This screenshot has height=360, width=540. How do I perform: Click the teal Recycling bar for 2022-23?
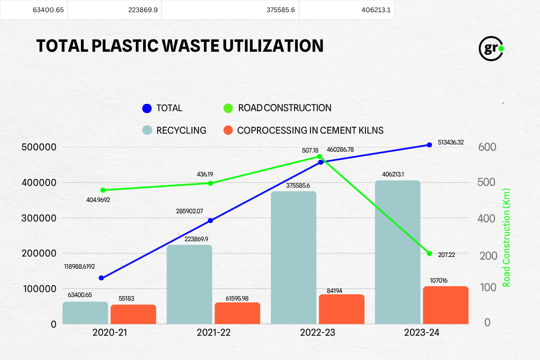click(x=293, y=257)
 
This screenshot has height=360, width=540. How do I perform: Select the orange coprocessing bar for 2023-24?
click(x=445, y=305)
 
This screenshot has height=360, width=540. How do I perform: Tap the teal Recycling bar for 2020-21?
click(x=85, y=313)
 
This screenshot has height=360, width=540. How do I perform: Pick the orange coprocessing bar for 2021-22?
click(x=237, y=313)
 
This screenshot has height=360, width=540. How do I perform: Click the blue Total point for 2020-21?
click(x=101, y=278)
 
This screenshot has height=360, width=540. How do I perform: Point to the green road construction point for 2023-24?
click(x=429, y=253)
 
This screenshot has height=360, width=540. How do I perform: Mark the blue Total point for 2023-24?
click(x=429, y=144)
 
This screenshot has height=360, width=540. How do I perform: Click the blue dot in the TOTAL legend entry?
click(x=147, y=108)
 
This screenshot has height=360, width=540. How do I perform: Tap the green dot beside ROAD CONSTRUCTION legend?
click(x=228, y=108)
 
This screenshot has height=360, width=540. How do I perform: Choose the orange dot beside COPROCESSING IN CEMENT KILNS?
click(x=228, y=130)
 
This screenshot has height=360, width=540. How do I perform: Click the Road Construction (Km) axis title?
click(x=507, y=237)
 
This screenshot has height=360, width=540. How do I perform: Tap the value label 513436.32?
click(x=450, y=142)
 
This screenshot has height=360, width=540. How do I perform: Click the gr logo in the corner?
click(x=490, y=48)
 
